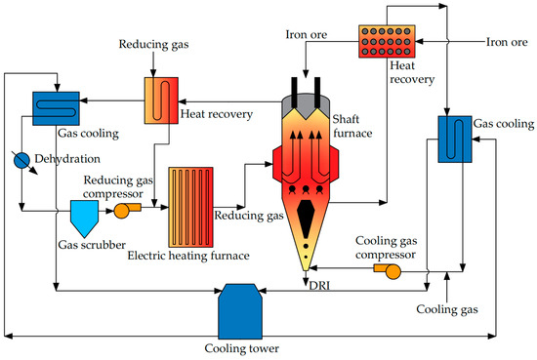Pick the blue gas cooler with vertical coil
[451, 140]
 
